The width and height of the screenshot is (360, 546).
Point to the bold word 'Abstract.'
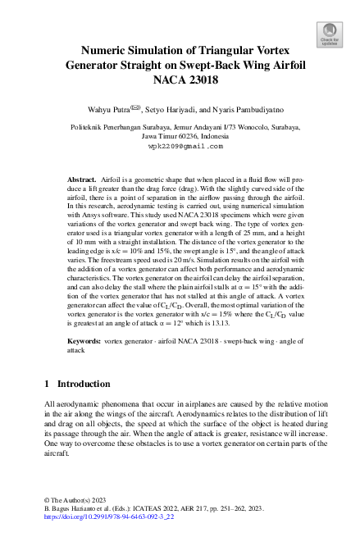pyautogui.click(x=82, y=177)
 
